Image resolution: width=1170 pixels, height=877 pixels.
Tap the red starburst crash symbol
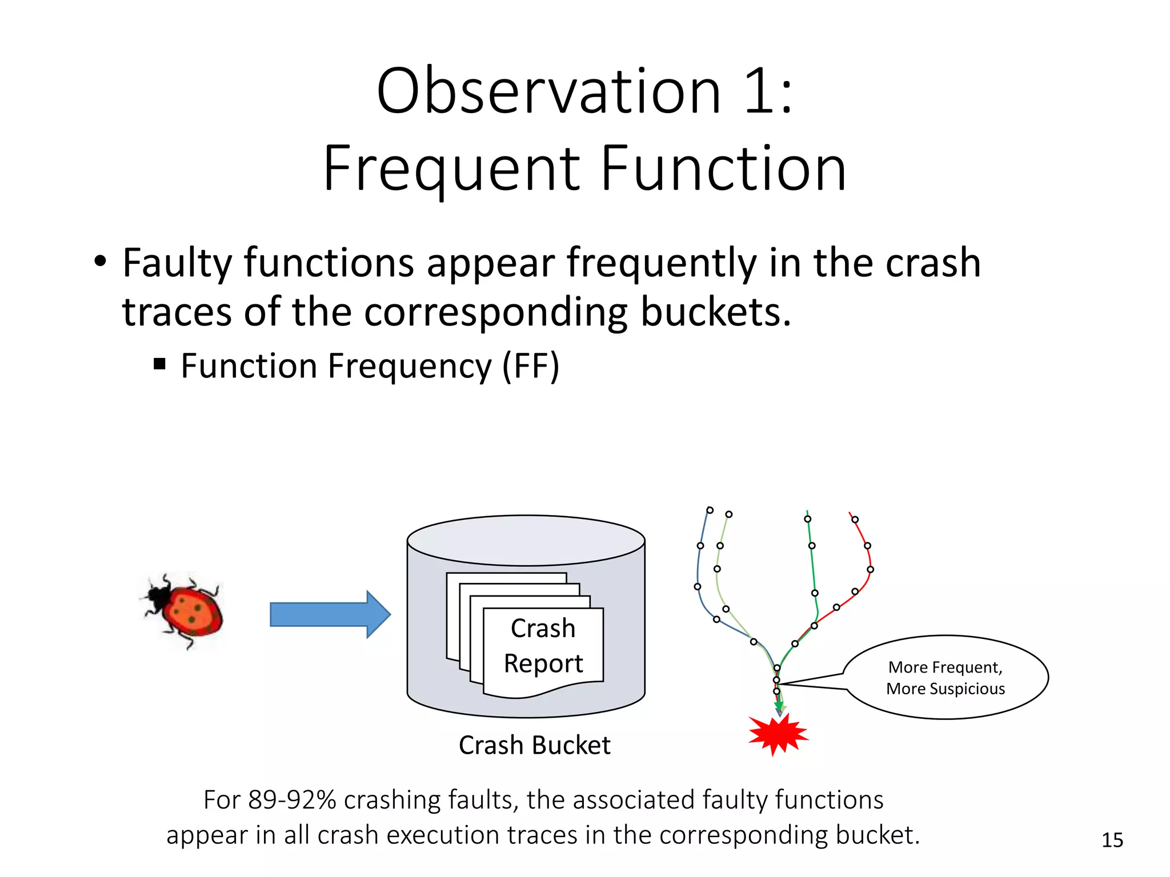point(778,734)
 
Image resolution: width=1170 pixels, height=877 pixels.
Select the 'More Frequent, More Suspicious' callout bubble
point(945,678)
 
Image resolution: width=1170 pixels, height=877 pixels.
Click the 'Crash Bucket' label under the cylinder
point(534,745)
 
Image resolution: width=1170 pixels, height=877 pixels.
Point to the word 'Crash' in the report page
point(543,628)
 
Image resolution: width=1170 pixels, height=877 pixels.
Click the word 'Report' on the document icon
point(543,663)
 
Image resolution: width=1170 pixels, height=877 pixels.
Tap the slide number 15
point(1112,840)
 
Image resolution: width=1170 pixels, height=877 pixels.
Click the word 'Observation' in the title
point(548,91)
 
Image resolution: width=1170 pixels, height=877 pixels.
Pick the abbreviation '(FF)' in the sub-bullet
point(530,366)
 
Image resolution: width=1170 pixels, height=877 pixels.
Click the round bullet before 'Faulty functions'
point(101,262)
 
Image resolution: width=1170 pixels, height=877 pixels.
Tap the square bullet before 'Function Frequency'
point(160,364)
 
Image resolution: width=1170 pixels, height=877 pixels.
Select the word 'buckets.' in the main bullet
point(716,312)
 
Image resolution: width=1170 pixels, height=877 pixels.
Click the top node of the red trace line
point(855,520)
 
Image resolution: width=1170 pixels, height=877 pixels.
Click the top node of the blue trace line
point(710,510)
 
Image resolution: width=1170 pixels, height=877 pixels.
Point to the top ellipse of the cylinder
point(526,540)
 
